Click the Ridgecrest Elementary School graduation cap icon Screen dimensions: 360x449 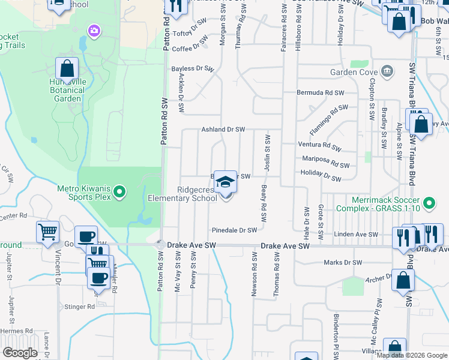[x=225, y=181]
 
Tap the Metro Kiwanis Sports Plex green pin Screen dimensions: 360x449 [x=119, y=192]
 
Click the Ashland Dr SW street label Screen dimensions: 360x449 [x=223, y=130]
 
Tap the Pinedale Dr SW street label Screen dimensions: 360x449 [x=234, y=230]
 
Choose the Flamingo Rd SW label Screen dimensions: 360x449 [x=329, y=118]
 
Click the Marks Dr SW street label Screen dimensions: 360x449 [x=343, y=262]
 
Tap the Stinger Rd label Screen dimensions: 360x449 [x=82, y=307]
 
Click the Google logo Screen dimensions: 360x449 [x=20, y=353]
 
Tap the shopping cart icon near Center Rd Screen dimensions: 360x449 [x=47, y=231]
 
